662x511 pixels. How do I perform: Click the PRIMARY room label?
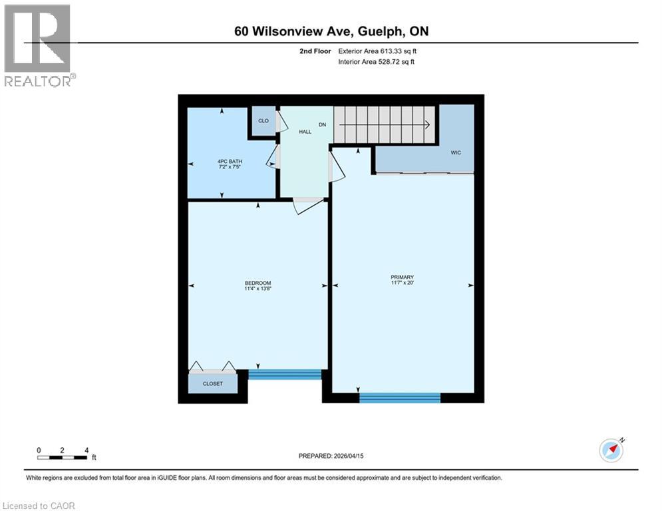tap(403, 277)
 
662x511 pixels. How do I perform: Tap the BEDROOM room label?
tap(257, 283)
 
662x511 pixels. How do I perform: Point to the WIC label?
tap(456, 152)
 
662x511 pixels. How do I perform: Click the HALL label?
tap(305, 132)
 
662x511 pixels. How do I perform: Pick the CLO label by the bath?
tap(263, 121)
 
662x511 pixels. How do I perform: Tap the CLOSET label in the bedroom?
tap(213, 384)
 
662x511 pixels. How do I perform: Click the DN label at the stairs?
tap(322, 124)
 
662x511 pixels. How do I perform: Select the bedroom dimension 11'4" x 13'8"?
tap(258, 289)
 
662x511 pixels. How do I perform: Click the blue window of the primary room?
tap(400, 398)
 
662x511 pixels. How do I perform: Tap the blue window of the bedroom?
tap(285, 375)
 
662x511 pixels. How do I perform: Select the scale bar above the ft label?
tap(63, 457)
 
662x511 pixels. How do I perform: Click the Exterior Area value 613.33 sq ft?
tap(393, 51)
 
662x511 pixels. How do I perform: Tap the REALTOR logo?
tap(39, 45)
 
